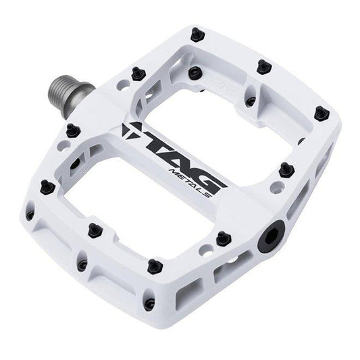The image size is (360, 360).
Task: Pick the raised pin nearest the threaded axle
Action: coord(72,128)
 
